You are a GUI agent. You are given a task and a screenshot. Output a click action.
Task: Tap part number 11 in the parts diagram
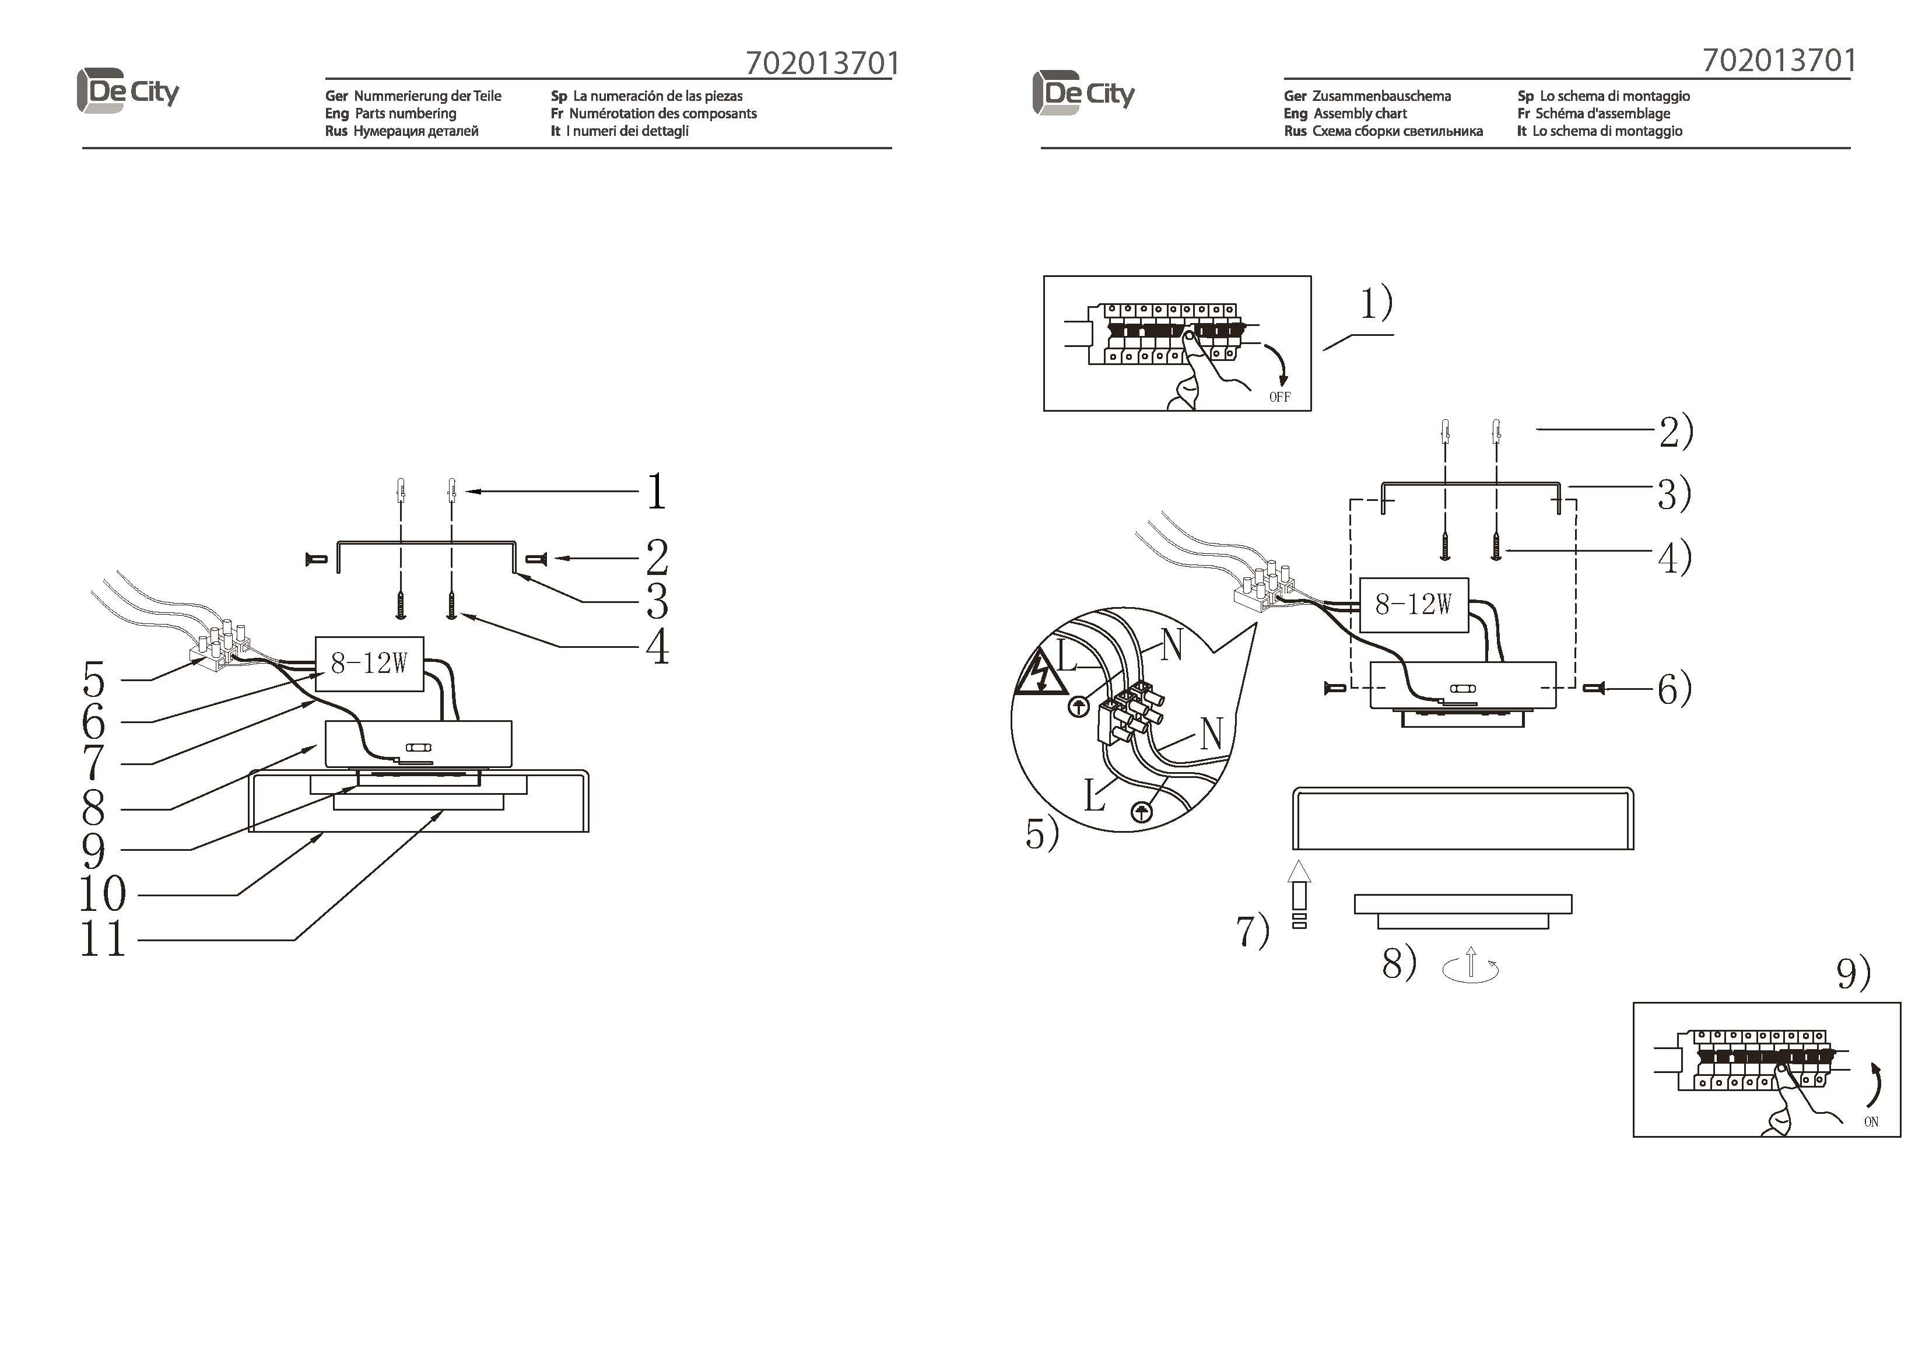click(x=103, y=939)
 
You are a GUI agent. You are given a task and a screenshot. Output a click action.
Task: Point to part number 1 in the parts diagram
click(x=656, y=492)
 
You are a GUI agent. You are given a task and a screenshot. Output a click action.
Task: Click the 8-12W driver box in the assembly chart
click(x=1414, y=604)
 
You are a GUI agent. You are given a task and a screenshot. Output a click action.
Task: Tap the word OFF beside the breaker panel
click(x=1279, y=397)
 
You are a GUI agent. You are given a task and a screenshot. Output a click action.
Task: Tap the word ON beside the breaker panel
click(x=1871, y=1122)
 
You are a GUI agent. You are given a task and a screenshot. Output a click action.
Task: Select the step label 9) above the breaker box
click(x=1853, y=973)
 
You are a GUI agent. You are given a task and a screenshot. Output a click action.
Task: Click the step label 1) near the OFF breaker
click(x=1377, y=303)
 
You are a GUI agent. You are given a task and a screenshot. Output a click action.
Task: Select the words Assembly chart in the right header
click(x=1360, y=114)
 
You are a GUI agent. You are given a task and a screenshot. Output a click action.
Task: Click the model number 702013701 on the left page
click(x=823, y=63)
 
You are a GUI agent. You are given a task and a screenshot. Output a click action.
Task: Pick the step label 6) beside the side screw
click(x=1674, y=689)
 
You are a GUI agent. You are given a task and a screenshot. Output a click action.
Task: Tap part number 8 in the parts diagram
click(x=93, y=808)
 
